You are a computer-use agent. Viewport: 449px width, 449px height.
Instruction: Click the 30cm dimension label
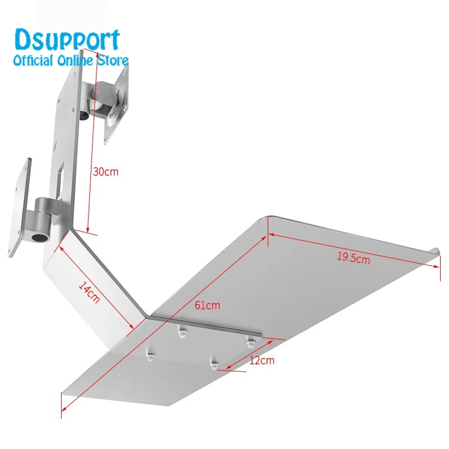(x=106, y=172)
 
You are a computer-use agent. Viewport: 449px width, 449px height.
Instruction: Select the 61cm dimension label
(x=208, y=306)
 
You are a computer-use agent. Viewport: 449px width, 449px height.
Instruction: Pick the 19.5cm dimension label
(x=354, y=258)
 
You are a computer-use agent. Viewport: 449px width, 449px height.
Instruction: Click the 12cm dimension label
(x=261, y=360)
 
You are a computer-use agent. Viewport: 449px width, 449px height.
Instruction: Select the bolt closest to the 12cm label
(x=214, y=363)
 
